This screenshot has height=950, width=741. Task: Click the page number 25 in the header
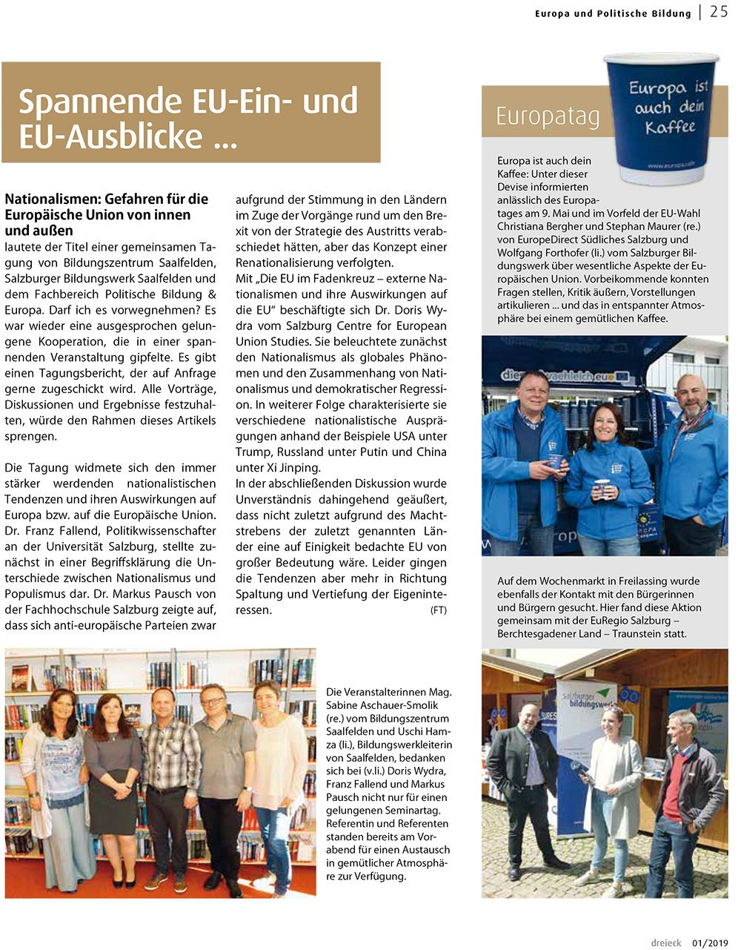coord(718,12)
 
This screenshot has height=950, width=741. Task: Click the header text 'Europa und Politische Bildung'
coord(613,13)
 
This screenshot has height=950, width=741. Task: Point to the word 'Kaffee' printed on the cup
coord(670,127)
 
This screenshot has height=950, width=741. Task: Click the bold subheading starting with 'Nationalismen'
coord(106,214)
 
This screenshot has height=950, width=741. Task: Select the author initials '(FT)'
coord(438,610)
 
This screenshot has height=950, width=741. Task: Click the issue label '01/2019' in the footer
coord(710,943)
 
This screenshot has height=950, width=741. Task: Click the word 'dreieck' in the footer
coord(665,943)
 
